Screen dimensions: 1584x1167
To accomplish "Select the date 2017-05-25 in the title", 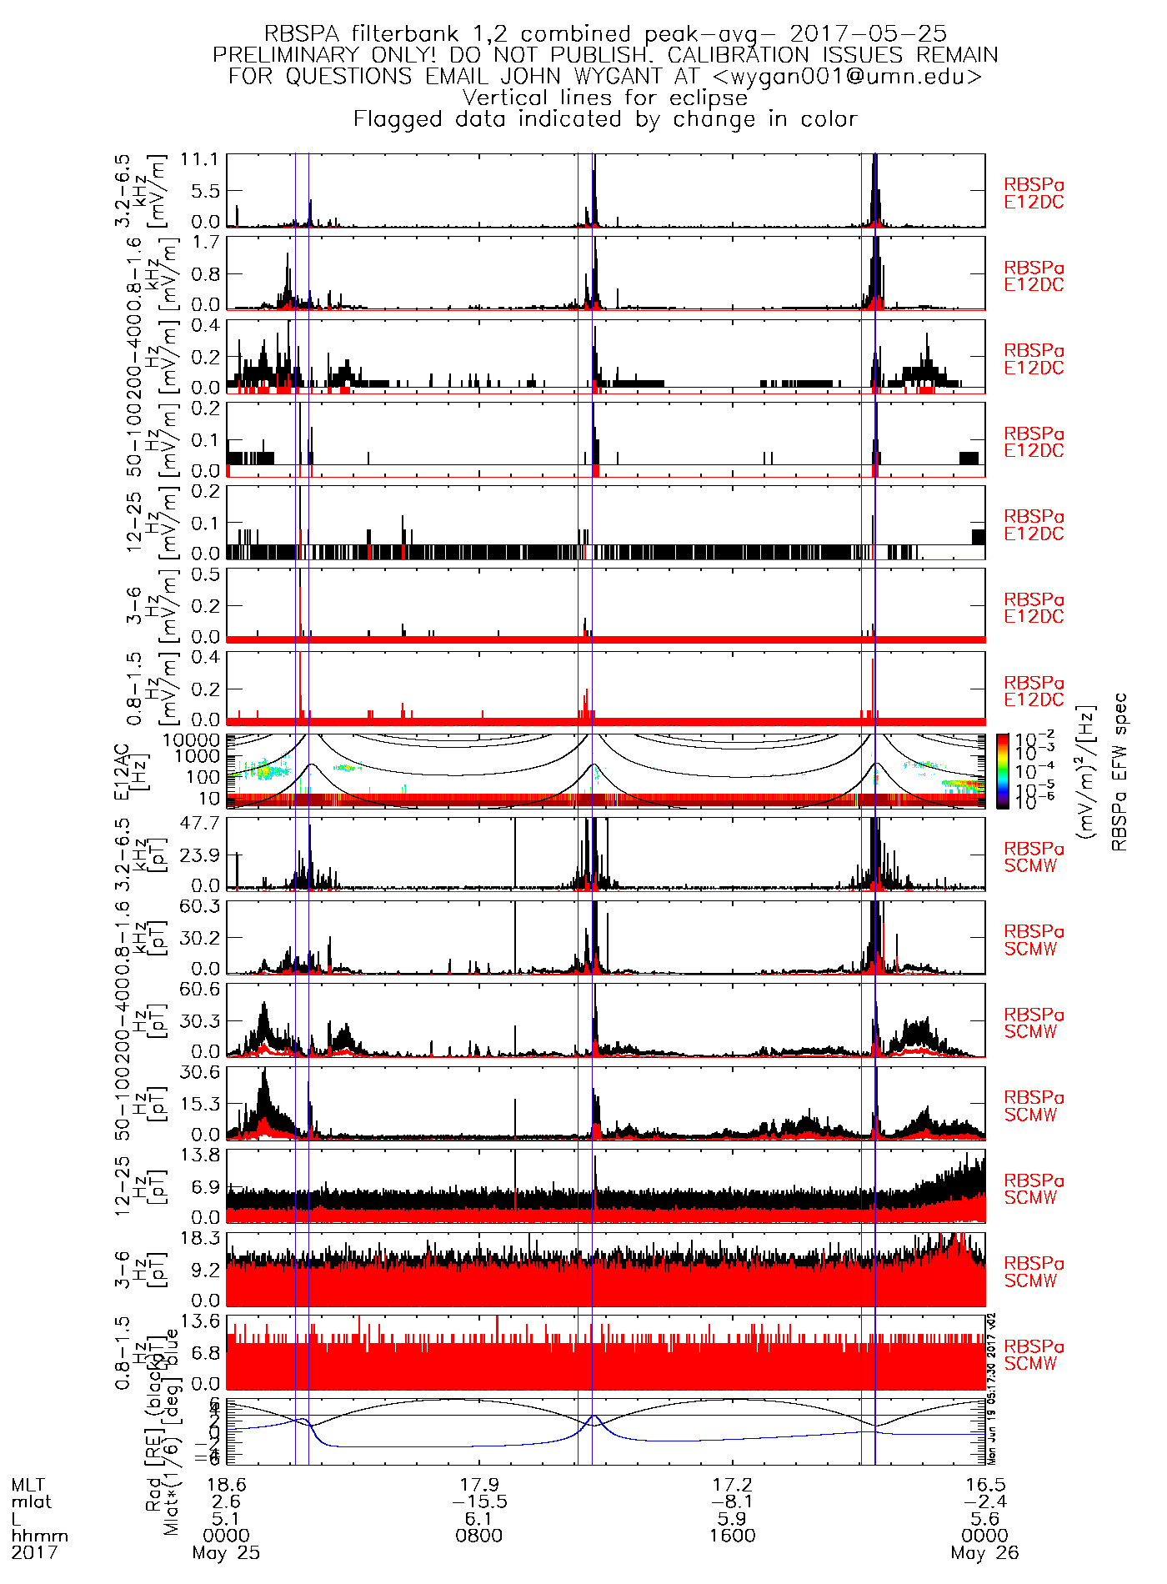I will point(868,34).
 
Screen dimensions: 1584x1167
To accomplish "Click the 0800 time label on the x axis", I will point(479,1536).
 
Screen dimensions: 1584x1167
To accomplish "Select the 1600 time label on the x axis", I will point(732,1536).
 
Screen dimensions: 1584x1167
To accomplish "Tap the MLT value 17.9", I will point(479,1485).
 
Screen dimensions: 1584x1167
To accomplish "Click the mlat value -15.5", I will point(479,1501).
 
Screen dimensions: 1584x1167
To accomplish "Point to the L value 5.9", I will point(732,1519).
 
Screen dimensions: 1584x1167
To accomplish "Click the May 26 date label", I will point(984,1553).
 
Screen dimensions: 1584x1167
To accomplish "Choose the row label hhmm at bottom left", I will point(39,1536).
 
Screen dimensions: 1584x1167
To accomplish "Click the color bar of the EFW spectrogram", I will point(1002,771).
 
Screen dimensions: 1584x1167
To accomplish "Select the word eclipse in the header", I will point(708,98).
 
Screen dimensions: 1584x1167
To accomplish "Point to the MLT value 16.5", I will point(984,1485).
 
